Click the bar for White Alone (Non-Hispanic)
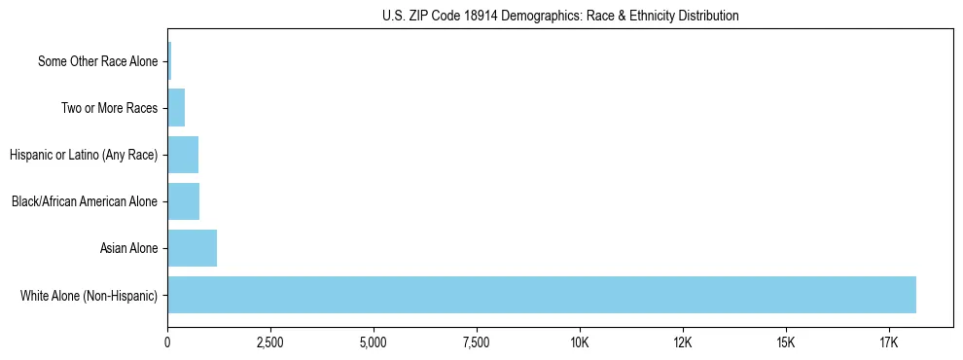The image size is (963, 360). point(542,295)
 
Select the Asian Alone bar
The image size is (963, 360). point(193,248)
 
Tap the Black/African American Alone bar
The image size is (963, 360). point(184,201)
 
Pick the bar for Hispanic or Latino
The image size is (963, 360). point(183,155)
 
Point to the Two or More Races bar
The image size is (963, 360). point(176,108)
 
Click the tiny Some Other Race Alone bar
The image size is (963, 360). point(169,61)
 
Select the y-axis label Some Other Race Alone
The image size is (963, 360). point(97,61)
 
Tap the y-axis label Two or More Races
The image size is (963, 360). point(109,108)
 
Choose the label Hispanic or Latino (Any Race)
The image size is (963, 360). point(83,155)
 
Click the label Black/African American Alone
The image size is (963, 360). point(85,201)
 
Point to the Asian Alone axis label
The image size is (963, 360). point(128,248)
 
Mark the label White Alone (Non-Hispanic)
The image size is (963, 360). point(89,295)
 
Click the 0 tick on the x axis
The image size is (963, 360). point(168,343)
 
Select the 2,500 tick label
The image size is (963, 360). point(270,343)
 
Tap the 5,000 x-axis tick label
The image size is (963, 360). point(374,343)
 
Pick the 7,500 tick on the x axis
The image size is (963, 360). point(477,343)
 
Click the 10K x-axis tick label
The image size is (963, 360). point(580,343)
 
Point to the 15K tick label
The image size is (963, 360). point(786,343)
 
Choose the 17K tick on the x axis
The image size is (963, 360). point(889,343)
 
